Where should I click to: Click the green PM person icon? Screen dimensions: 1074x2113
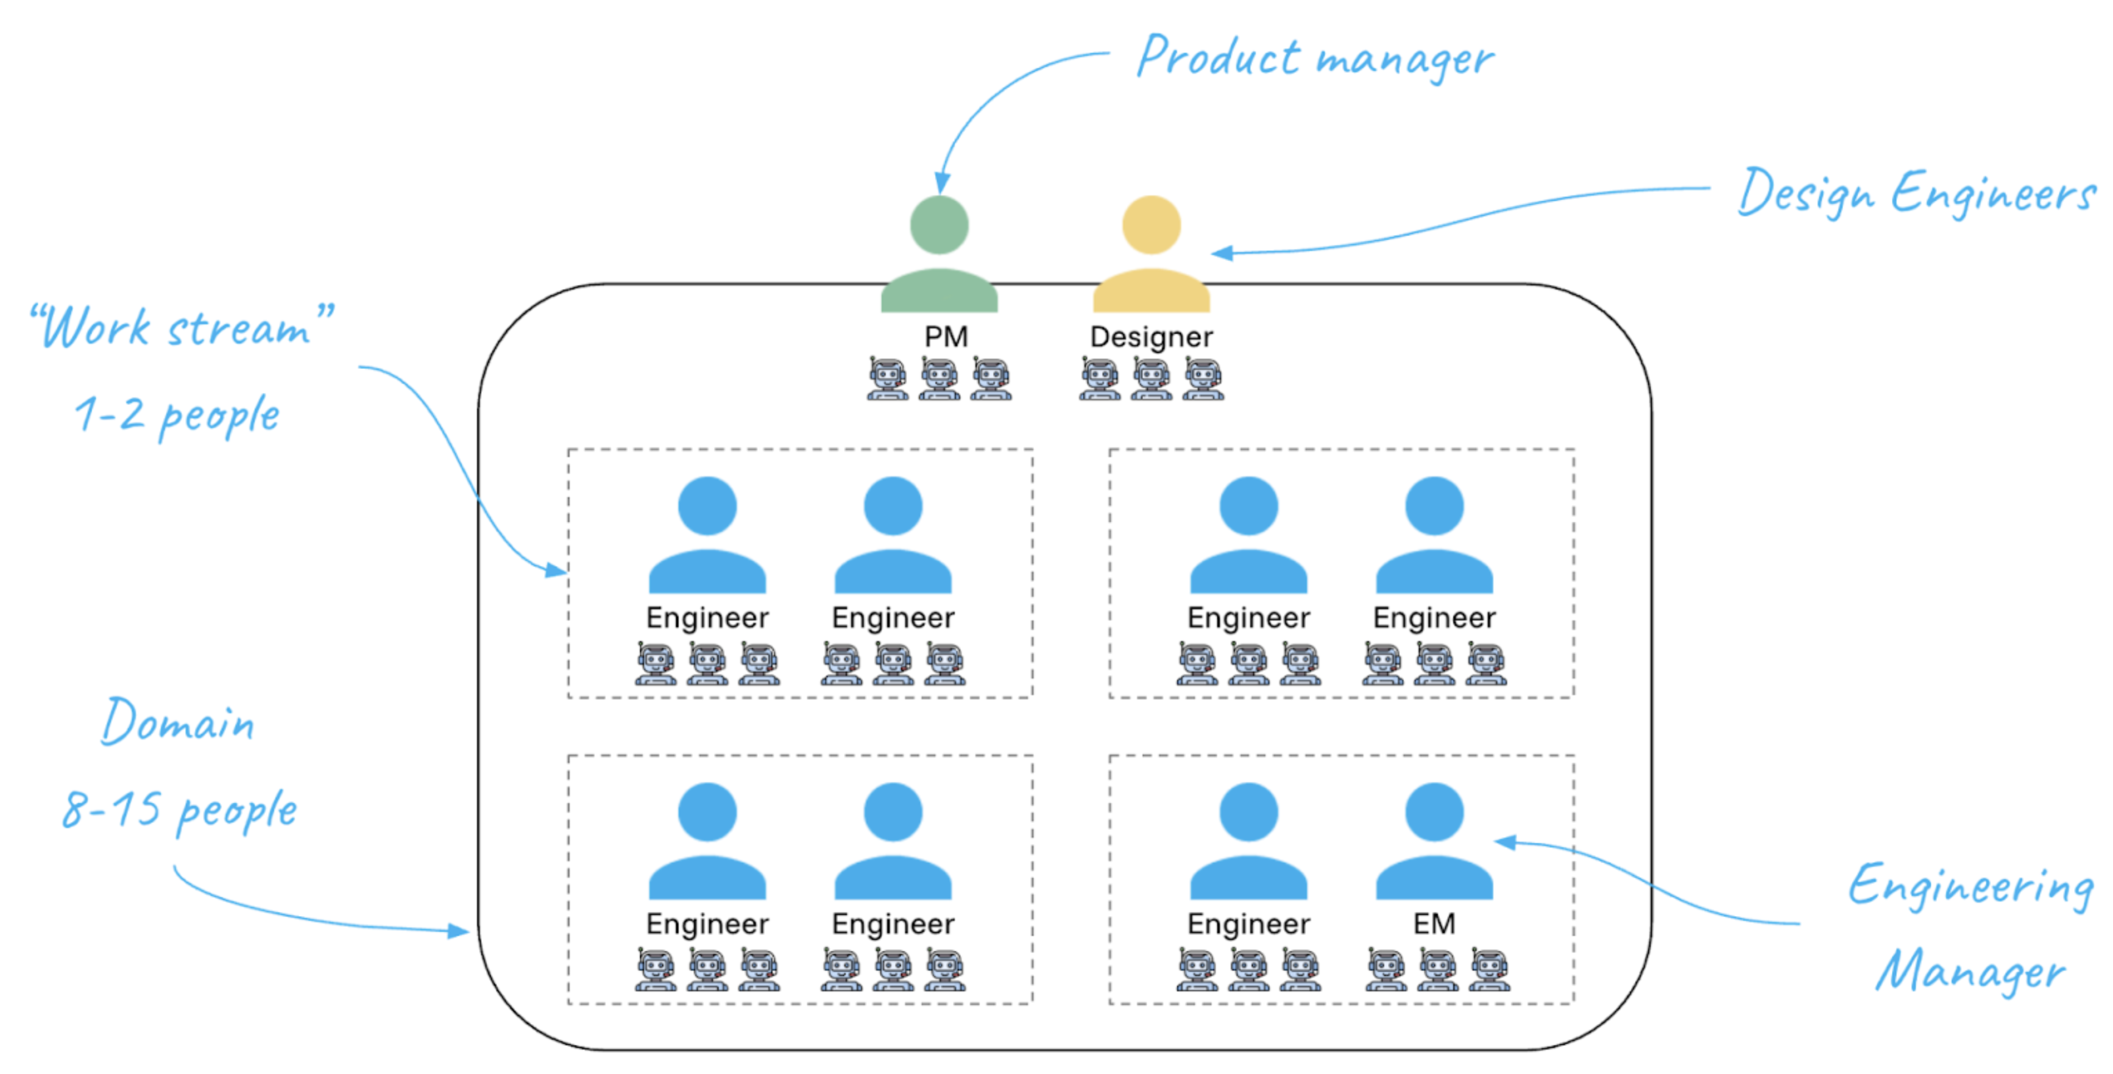938,254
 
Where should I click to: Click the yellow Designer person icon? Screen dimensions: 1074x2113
1151,254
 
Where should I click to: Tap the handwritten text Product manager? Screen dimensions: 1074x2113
1314,57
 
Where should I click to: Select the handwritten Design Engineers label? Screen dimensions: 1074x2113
1916,193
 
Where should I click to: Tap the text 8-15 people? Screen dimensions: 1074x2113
180,811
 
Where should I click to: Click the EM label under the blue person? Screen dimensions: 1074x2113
1434,924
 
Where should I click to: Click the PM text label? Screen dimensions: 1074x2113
946,336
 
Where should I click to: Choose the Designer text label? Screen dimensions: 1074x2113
1151,336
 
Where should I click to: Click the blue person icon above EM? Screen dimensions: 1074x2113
1434,841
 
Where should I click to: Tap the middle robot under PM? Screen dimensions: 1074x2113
938,379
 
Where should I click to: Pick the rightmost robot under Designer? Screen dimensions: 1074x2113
1203,379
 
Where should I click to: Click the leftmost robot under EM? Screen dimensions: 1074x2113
1386,970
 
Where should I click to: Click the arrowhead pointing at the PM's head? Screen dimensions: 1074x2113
943,182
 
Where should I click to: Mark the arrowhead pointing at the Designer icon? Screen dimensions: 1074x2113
1222,253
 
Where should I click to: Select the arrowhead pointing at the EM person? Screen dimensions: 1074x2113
1505,842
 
